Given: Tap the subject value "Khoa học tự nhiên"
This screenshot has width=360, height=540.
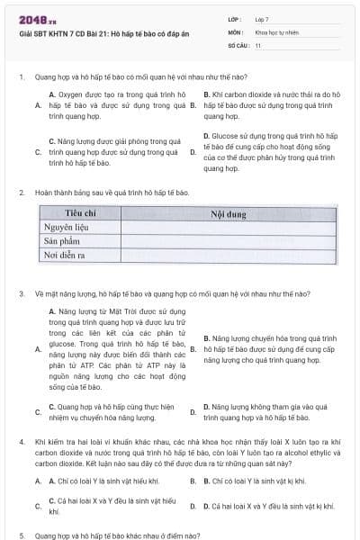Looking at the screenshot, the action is pos(275,31).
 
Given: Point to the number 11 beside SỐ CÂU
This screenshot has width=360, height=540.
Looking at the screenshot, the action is pos(258,44).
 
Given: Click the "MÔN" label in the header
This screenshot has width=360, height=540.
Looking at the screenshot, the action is pos(235,31).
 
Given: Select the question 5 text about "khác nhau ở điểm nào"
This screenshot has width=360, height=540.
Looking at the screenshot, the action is pos(117,535).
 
